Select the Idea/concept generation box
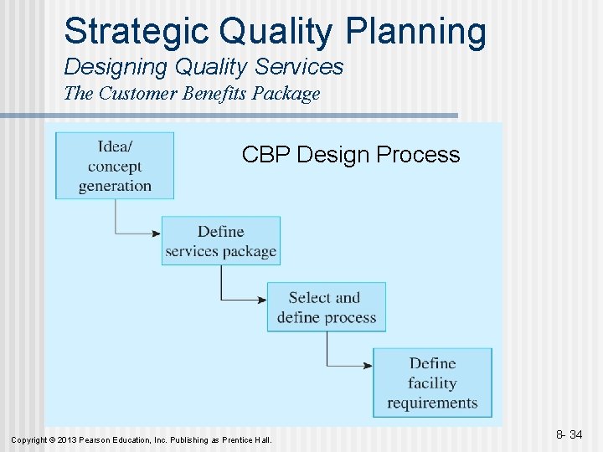coord(115,166)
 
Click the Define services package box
coord(221,241)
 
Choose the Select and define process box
coord(327,307)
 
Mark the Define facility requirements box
coord(432,383)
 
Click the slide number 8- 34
coord(569,434)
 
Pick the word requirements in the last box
coord(432,403)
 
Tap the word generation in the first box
coord(115,186)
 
